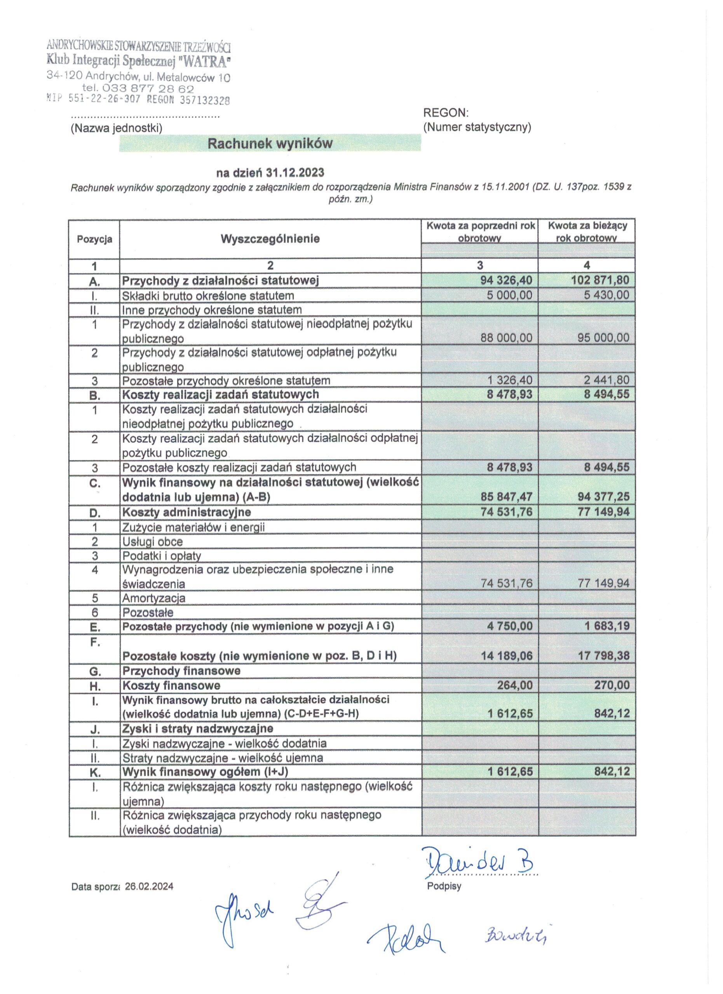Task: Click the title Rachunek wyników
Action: click(270, 143)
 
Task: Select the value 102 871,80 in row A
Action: click(600, 280)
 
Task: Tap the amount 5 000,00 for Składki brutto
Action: click(509, 295)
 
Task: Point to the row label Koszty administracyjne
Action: click(186, 512)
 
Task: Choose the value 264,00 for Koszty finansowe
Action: click(514, 685)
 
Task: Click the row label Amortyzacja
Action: click(153, 598)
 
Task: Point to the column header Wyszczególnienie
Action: click(270, 239)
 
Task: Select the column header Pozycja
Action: click(94, 239)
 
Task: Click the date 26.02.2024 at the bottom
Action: click(149, 886)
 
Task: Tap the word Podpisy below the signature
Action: click(444, 886)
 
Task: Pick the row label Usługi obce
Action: click(152, 542)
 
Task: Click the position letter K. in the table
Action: click(95, 772)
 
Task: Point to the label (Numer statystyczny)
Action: click(477, 127)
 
